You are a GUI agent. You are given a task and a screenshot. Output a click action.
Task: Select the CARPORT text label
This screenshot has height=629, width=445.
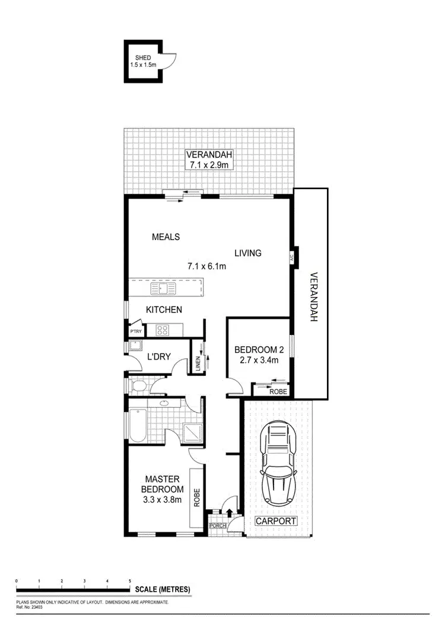click(276, 521)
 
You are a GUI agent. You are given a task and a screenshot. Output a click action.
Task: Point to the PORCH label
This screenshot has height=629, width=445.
click(218, 525)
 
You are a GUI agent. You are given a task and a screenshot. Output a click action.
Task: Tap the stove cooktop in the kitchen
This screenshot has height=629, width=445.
click(162, 330)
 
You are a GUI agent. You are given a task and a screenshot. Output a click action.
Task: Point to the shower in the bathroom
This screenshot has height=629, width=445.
click(192, 426)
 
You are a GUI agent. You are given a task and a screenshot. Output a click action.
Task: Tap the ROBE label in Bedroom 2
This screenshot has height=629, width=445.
click(278, 391)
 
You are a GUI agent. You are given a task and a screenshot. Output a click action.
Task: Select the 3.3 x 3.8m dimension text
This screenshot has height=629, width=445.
click(162, 500)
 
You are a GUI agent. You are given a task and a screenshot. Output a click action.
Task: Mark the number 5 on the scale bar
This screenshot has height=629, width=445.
click(130, 581)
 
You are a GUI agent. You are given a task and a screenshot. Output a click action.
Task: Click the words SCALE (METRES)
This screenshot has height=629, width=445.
click(163, 589)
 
